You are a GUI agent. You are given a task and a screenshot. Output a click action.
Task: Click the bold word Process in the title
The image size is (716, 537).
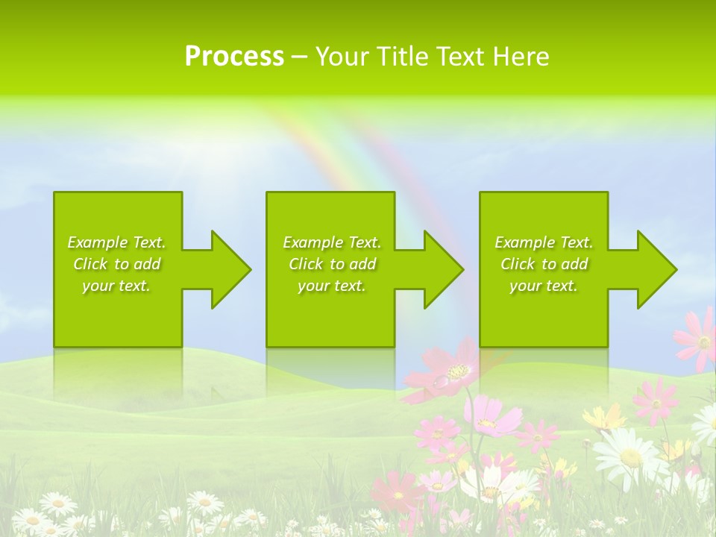click(234, 57)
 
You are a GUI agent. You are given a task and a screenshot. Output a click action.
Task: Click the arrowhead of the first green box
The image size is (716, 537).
click(228, 269)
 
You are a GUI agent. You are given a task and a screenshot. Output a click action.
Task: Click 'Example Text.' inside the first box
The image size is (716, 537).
click(116, 242)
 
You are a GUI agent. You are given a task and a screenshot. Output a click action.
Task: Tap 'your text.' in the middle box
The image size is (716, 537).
click(331, 286)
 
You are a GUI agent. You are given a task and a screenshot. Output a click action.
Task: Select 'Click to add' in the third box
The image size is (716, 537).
click(544, 264)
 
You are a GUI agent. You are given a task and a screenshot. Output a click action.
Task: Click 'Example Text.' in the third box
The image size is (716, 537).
click(544, 242)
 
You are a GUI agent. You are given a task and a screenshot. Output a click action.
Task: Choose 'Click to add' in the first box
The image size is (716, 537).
click(116, 264)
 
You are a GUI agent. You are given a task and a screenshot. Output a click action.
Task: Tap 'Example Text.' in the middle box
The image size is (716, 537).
click(331, 242)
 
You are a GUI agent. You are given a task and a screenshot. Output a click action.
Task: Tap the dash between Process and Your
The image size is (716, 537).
click(299, 57)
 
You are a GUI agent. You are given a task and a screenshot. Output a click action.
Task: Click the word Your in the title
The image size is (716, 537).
click(343, 57)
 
